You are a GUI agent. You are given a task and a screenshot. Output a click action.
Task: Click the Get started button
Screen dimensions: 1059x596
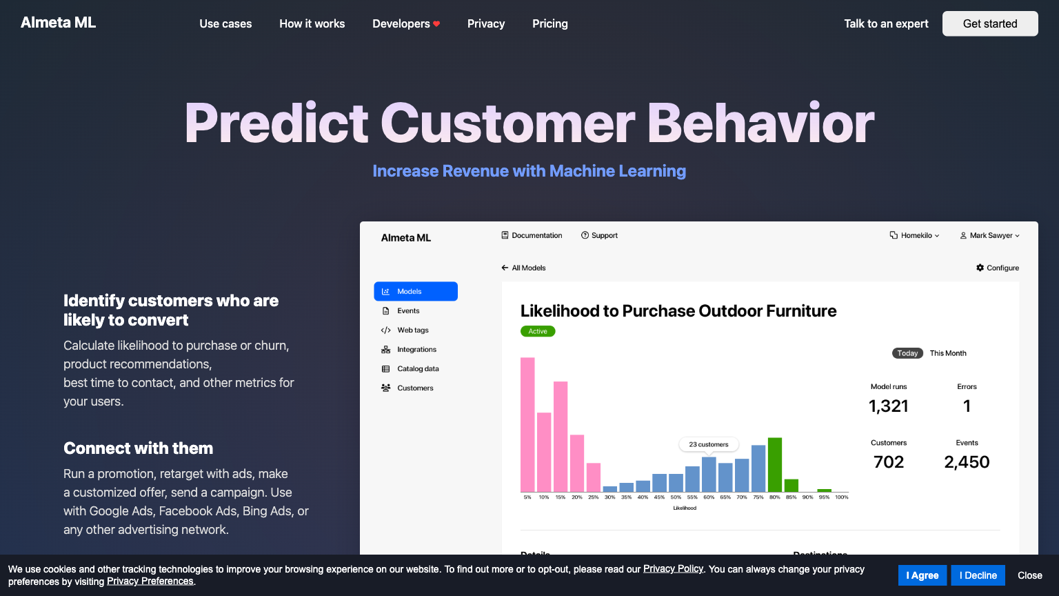[x=990, y=23]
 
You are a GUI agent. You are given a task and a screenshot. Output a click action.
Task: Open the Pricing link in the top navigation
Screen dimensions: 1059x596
[x=549, y=23]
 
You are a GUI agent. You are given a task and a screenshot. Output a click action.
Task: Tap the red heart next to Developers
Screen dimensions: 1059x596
[x=436, y=23]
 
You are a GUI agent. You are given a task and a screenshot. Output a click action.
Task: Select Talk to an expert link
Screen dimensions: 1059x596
[x=886, y=23]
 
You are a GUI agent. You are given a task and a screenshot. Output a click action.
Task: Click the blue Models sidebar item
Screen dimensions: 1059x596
[x=416, y=291]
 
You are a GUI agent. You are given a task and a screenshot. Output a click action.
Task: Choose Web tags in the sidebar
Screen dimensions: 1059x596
[x=413, y=330]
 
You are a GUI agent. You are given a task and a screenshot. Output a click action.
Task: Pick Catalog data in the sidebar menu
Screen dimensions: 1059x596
[x=418, y=369]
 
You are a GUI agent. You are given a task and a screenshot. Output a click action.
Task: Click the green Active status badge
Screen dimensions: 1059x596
[x=538, y=331]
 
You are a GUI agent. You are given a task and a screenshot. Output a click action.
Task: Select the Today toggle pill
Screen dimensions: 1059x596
[x=907, y=353]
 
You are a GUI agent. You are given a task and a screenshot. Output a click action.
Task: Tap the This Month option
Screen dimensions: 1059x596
[x=948, y=353]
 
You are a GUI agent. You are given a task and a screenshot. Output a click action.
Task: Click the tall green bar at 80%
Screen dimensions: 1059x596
[x=775, y=465]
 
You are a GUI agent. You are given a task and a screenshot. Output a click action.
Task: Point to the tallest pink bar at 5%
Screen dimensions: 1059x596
[x=527, y=425]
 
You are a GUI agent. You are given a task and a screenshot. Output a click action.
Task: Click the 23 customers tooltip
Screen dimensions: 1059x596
[x=709, y=444]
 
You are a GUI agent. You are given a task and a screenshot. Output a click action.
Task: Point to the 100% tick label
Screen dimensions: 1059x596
[x=842, y=497]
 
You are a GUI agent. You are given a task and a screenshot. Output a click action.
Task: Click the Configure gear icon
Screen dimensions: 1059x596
[x=980, y=268]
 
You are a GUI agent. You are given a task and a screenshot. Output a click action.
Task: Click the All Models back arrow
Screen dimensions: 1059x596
[x=505, y=268]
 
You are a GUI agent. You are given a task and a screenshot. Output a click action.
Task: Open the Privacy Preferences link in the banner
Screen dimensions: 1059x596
[x=150, y=582]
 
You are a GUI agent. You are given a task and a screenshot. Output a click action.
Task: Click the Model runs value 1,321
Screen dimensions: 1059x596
[x=888, y=406]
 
